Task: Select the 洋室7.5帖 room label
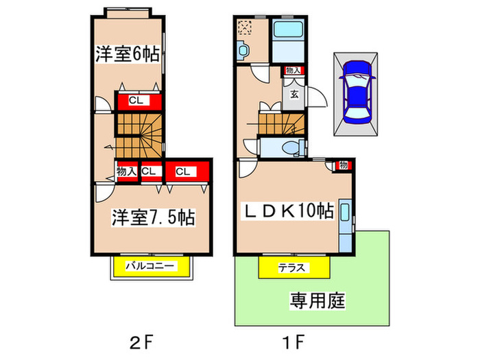click(x=152, y=217)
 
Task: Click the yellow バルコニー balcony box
click(x=152, y=266)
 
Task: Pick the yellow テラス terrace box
click(x=291, y=267)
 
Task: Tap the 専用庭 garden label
click(x=316, y=300)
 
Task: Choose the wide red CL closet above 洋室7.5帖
click(x=183, y=171)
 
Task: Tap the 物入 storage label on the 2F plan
click(x=127, y=171)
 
